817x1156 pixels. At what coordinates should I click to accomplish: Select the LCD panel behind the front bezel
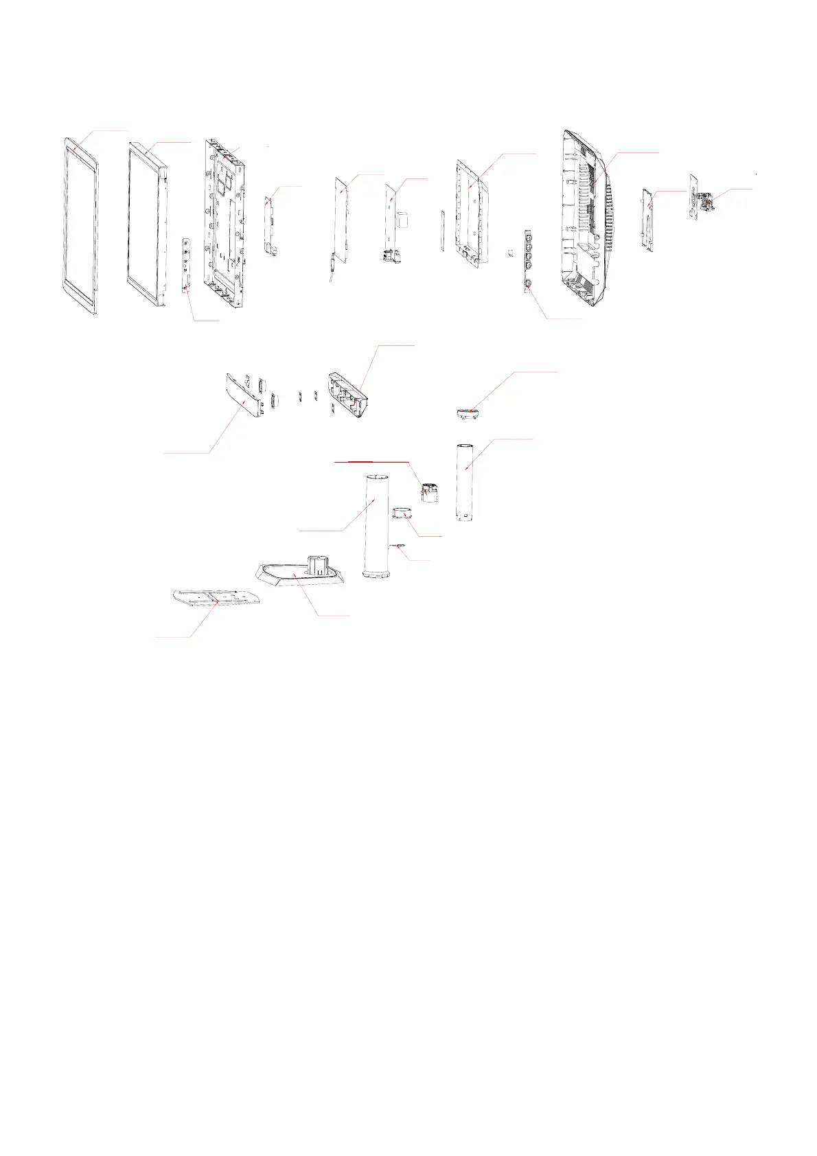[147, 223]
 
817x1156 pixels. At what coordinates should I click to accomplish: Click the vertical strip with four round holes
[529, 261]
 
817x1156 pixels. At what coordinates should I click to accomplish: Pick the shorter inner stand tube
[465, 481]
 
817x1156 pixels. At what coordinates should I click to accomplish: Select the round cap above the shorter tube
[467, 413]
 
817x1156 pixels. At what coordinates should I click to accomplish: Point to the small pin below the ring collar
[398, 546]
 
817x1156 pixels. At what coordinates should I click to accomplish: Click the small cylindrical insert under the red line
[428, 492]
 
